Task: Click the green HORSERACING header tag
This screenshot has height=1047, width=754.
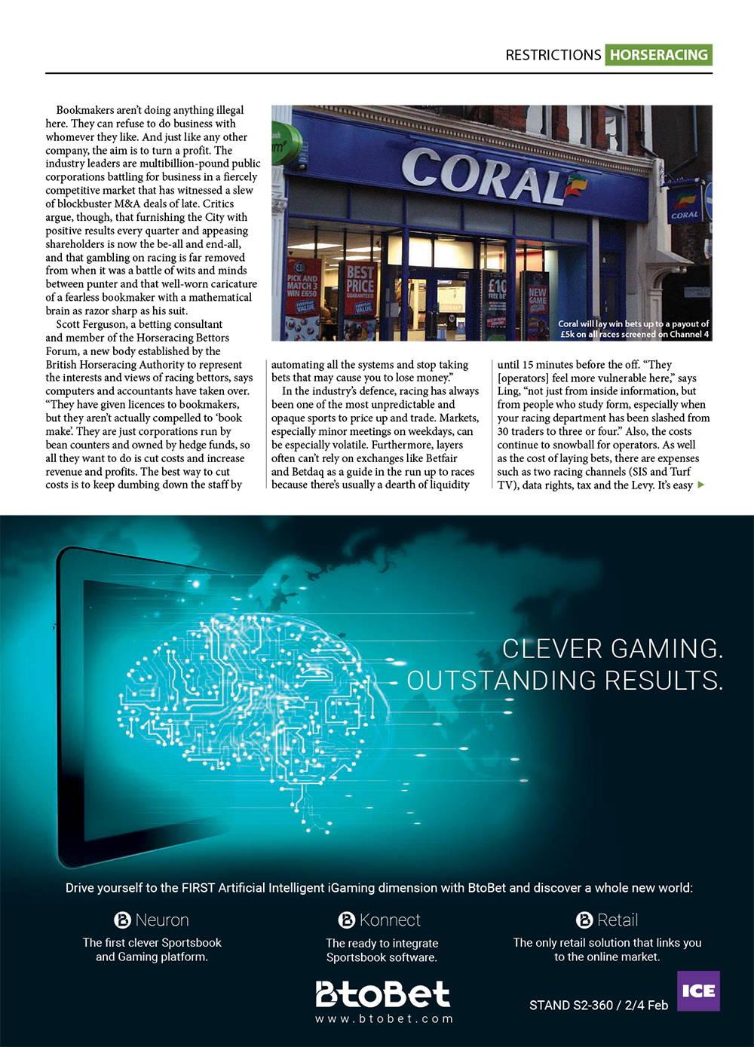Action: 658,55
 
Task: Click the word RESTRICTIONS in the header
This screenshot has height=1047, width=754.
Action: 553,55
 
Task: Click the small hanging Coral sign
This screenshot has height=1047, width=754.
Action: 685,204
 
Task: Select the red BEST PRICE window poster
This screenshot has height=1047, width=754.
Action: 360,290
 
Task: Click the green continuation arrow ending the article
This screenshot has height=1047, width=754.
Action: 702,485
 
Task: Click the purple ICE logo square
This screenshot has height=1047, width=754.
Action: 698,990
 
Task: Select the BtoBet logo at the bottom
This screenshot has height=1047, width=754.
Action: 382,993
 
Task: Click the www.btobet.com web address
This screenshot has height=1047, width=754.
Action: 384,1019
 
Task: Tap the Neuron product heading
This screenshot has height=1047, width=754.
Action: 152,920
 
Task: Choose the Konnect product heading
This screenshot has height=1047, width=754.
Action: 380,920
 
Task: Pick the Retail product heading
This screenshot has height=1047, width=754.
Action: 607,920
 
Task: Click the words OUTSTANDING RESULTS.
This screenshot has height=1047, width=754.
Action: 565,680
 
